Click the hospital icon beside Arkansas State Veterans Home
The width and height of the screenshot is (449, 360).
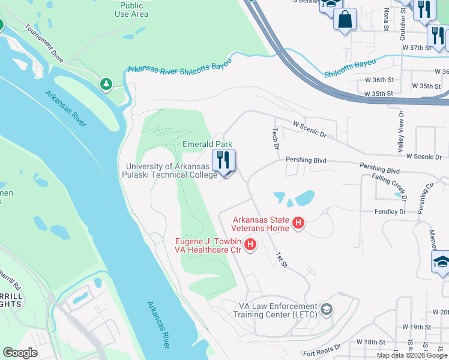[298, 224]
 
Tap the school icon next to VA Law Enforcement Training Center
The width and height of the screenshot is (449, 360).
[327, 310]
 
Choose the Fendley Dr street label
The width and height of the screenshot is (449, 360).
[390, 212]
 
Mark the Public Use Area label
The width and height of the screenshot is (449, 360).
[131, 10]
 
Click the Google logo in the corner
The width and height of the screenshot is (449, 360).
[20, 353]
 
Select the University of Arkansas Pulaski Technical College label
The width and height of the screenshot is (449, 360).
[171, 170]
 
